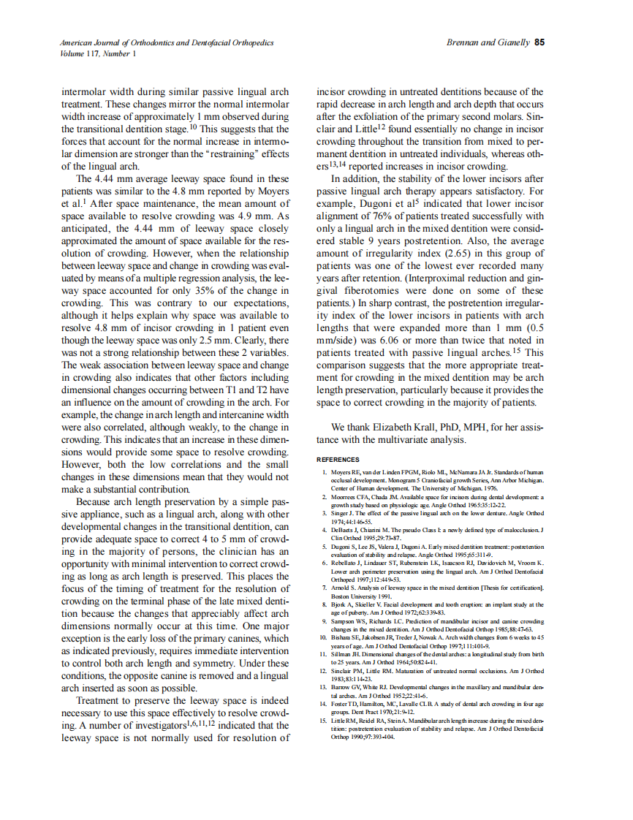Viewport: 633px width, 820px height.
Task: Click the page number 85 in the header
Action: pyautogui.click(x=539, y=43)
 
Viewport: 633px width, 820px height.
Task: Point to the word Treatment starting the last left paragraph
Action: pyautogui.click(x=102, y=699)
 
